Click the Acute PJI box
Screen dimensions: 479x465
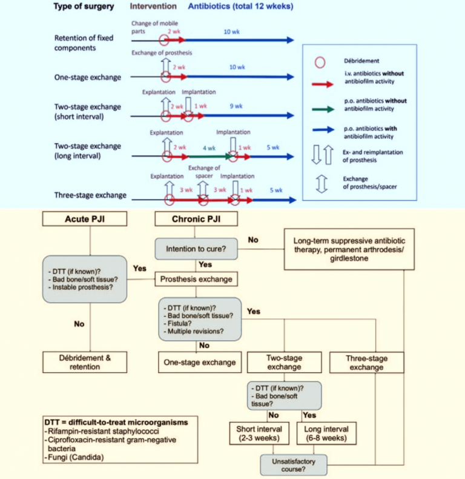point(90,218)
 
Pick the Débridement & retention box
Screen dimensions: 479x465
point(90,362)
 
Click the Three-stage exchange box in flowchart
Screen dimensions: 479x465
point(366,363)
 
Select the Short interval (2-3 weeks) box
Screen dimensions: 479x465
point(263,434)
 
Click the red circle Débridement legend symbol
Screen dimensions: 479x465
point(322,62)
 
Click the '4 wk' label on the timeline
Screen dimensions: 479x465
point(209,147)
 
